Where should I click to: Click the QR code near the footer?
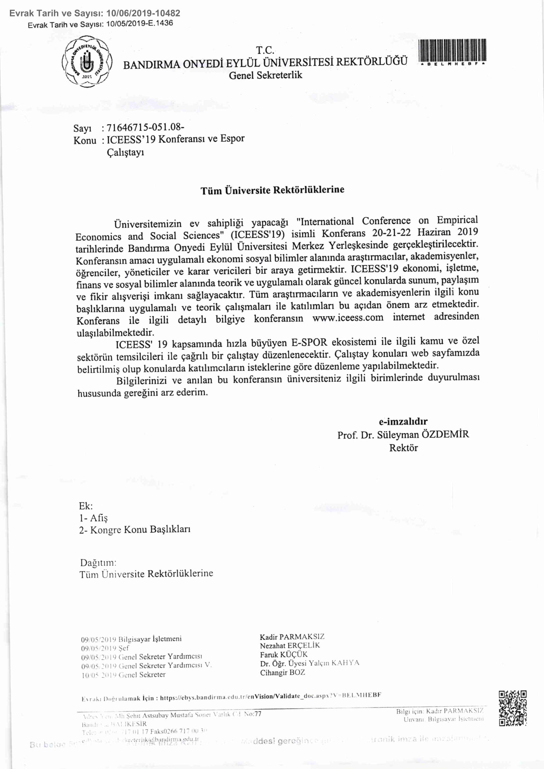[x=512, y=708]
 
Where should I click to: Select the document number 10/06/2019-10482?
[x=143, y=13]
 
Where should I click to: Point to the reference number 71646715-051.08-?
[x=145, y=128]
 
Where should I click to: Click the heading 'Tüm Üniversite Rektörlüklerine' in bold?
[x=272, y=190]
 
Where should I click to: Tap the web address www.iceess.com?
[x=348, y=318]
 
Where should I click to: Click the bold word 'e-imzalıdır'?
[x=403, y=421]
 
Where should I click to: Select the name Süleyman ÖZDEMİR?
[x=423, y=434]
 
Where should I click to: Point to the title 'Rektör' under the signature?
[x=403, y=448]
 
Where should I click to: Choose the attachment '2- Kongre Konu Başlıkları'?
[x=135, y=529]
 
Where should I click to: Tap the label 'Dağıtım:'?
[x=98, y=562]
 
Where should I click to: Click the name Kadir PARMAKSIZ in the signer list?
[x=292, y=637]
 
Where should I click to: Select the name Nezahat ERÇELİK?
[x=290, y=645]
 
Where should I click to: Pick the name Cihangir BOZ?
[x=282, y=672]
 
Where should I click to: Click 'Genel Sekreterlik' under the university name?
[x=265, y=75]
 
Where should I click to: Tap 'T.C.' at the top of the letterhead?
[x=265, y=51]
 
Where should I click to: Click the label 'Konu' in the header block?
[x=85, y=140]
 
